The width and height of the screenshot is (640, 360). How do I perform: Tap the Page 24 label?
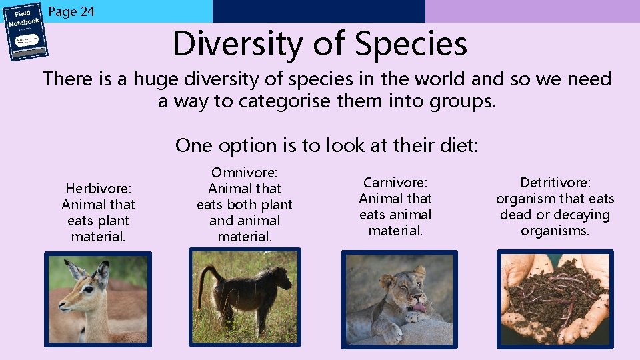coord(72,11)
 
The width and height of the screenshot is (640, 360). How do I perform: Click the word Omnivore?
coord(244,173)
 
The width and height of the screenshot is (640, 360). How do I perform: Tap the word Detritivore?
coord(554,183)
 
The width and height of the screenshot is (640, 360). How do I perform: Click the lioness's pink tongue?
coord(418,307)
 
